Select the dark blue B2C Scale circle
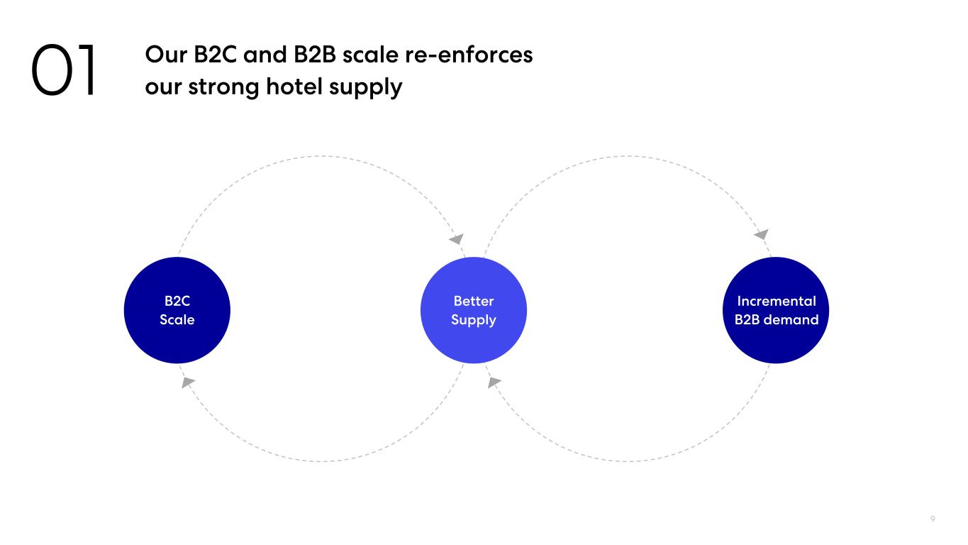coord(177,310)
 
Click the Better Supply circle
coord(473,310)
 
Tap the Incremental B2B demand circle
coord(776,310)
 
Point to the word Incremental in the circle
coord(776,301)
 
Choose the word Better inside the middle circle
coord(473,301)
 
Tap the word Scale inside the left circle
coord(177,319)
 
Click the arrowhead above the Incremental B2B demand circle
coord(762,234)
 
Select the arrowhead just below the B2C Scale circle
coord(188,382)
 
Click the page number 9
coord(933,519)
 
